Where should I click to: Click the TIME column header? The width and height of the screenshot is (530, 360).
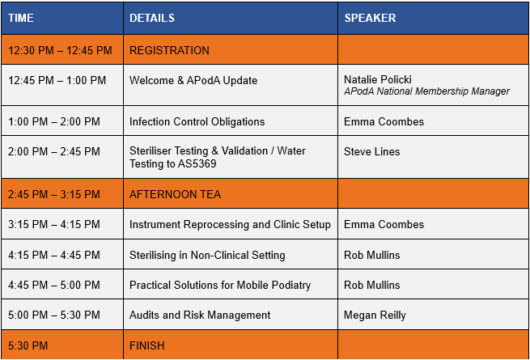point(20,18)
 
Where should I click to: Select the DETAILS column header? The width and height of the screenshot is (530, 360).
point(152,18)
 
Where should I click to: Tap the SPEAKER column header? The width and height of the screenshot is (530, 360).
point(370,18)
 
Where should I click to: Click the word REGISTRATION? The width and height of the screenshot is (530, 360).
point(169,50)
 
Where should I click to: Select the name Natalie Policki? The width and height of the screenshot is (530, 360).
point(378,79)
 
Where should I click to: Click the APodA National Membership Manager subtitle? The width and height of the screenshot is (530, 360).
point(426,91)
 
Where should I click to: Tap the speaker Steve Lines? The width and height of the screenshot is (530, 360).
point(372,151)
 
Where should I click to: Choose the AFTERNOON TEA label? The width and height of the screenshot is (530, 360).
point(175,194)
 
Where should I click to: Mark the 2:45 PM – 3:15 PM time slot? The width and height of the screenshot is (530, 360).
point(54,194)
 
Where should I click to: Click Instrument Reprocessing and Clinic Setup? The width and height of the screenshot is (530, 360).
point(230,224)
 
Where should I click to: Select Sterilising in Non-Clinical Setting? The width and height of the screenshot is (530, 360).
point(207,255)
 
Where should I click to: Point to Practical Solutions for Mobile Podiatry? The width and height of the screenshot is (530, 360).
point(220,285)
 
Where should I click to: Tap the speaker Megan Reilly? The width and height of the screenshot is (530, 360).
point(375,315)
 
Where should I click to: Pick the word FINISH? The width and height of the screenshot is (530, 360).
point(147,345)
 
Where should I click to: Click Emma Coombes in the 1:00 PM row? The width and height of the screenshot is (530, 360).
point(384,121)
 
